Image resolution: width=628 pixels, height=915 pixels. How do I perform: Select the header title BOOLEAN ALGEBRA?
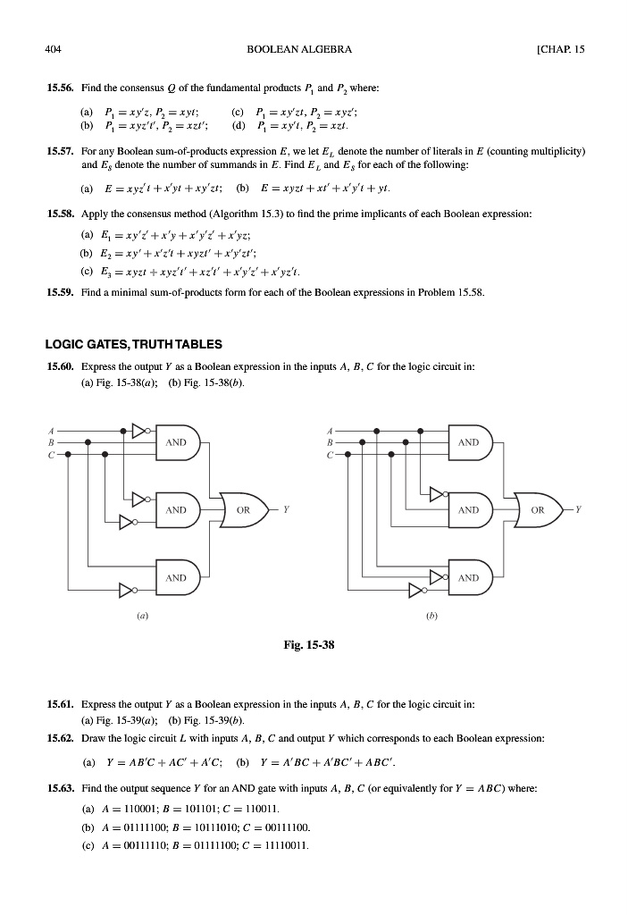313,48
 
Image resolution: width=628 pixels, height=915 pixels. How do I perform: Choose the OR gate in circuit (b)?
536,510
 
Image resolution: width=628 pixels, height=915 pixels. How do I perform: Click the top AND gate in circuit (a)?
177,442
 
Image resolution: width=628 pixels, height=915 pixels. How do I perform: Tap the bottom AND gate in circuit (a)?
177,578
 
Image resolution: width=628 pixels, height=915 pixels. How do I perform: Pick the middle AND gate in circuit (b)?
469,510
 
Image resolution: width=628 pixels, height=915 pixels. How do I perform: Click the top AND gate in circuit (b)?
469,442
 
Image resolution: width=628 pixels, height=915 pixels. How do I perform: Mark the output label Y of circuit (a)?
287,510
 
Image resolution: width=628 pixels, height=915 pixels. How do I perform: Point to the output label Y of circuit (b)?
579,510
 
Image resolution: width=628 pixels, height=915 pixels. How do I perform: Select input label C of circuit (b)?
331,454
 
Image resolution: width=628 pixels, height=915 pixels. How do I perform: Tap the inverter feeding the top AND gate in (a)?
138,430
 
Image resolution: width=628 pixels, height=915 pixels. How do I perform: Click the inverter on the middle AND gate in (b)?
434,492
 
